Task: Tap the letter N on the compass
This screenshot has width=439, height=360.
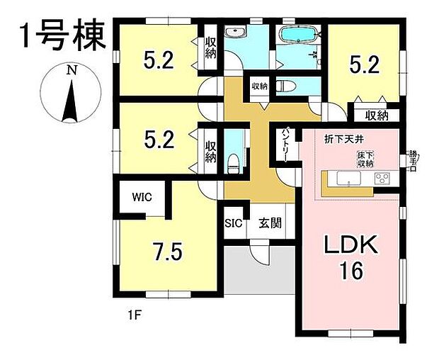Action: pyautogui.click(x=71, y=70)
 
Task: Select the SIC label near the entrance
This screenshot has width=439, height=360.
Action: pyautogui.click(x=234, y=223)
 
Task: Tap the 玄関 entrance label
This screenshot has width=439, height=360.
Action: pyautogui.click(x=270, y=223)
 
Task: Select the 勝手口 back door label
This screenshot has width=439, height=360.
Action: pyautogui.click(x=412, y=159)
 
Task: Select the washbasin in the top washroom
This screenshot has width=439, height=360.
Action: pyautogui.click(x=236, y=33)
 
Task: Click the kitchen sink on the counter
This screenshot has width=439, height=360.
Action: pyautogui.click(x=348, y=178)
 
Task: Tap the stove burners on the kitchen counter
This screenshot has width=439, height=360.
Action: pyautogui.click(x=382, y=178)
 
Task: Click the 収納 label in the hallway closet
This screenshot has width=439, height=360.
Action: pyautogui.click(x=259, y=86)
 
